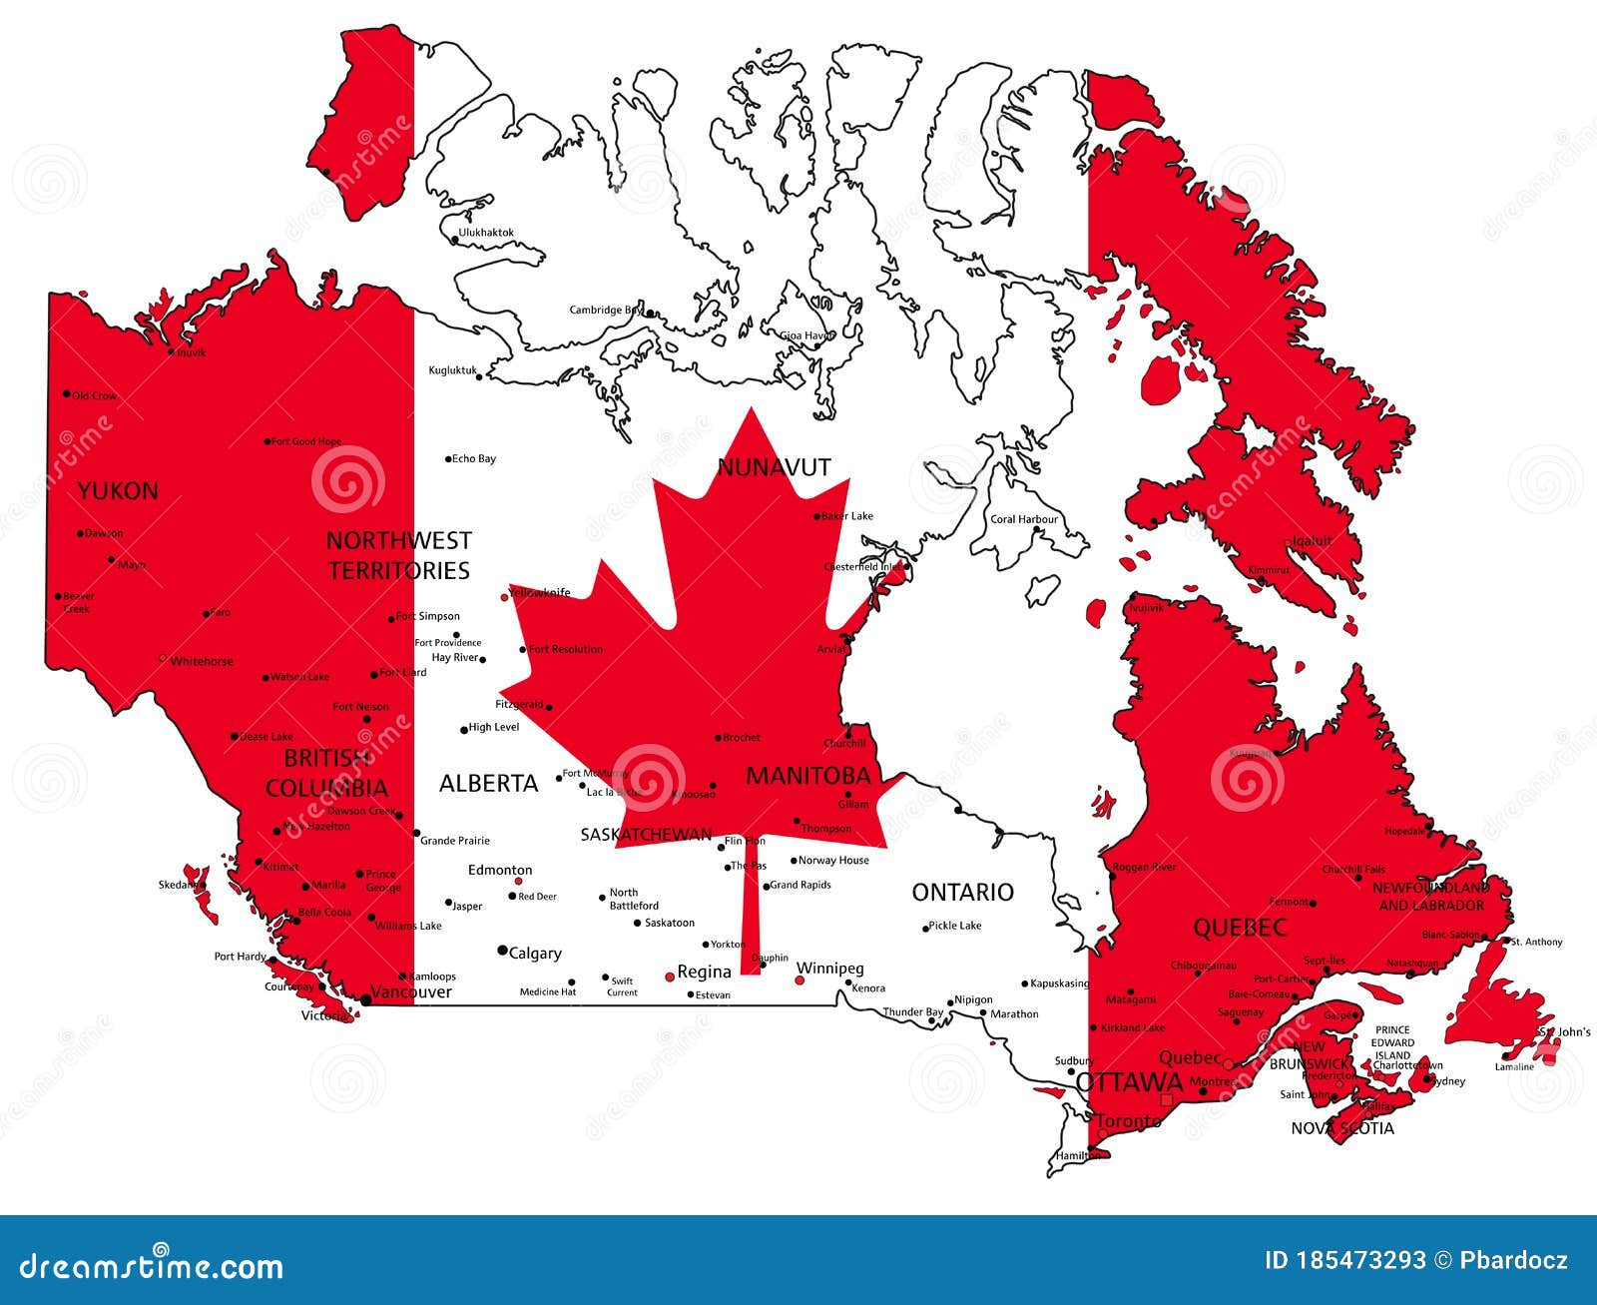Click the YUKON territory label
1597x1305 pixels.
pyautogui.click(x=118, y=490)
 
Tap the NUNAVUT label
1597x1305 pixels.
pyautogui.click(x=774, y=466)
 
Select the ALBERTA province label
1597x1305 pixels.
pyautogui.click(x=489, y=783)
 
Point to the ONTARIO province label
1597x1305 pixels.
pyautogui.click(x=962, y=892)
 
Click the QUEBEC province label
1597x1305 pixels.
pyautogui.click(x=1240, y=928)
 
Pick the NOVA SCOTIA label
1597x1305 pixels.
pyautogui.click(x=1342, y=1128)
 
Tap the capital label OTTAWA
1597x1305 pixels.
pyautogui.click(x=1129, y=1082)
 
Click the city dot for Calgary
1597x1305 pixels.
pyautogui.click(x=502, y=951)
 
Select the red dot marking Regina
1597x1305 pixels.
pyautogui.click(x=670, y=977)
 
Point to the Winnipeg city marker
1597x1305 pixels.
pyautogui.click(x=798, y=981)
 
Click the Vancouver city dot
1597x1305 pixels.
pyautogui.click(x=366, y=998)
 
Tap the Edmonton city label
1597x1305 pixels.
pyautogui.click(x=500, y=870)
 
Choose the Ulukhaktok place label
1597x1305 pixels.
pyautogui.click(x=485, y=233)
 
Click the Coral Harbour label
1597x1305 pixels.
pyautogui.click(x=1023, y=519)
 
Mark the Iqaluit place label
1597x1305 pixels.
pyautogui.click(x=1312, y=541)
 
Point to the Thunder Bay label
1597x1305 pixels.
pyautogui.click(x=912, y=1012)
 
